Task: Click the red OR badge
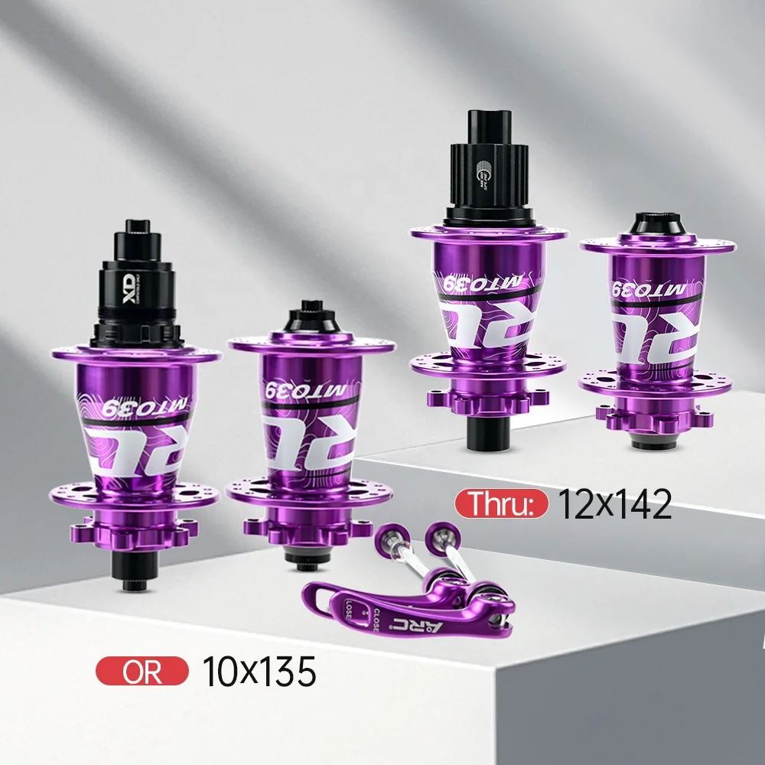141,671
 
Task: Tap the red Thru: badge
501,504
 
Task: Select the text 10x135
259,672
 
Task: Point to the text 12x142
615,504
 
